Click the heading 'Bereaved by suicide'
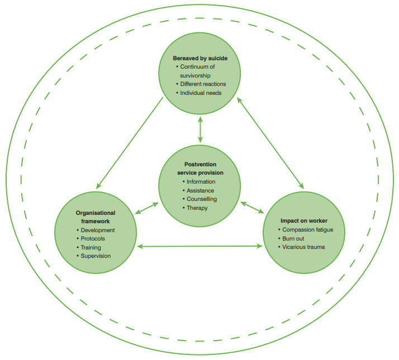(x=199, y=57)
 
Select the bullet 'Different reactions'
(x=203, y=84)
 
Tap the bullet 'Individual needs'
(x=201, y=93)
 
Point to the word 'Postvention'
(x=199, y=165)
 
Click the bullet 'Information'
(x=201, y=181)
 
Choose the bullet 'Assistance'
(x=201, y=190)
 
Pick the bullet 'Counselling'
(x=202, y=199)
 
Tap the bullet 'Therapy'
(x=197, y=208)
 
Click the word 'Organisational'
(x=96, y=213)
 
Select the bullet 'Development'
(x=98, y=230)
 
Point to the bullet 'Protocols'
(x=93, y=238)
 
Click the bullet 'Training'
(x=91, y=247)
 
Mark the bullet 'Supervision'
(x=96, y=256)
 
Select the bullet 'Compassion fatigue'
(x=308, y=230)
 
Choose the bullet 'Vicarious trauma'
(x=303, y=247)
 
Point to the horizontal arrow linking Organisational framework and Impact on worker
(x=201, y=245)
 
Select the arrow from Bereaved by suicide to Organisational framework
(x=130, y=142)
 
